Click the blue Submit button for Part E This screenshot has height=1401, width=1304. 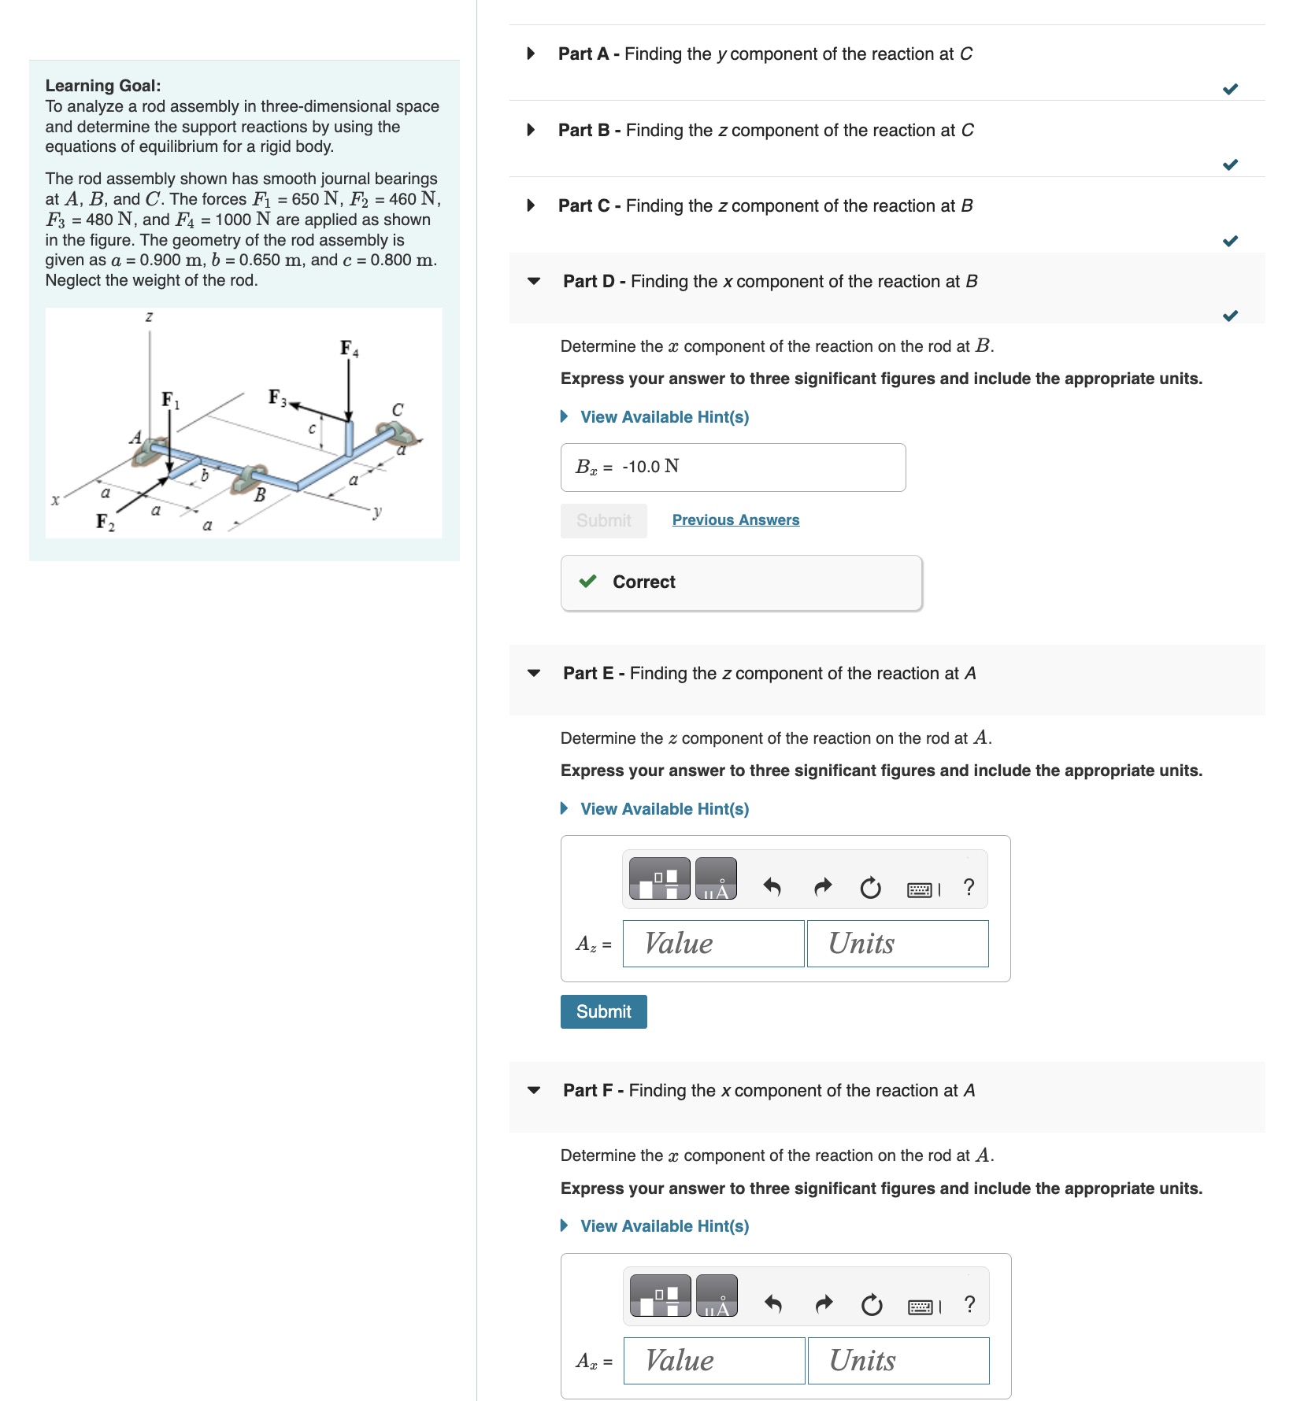tap(603, 1011)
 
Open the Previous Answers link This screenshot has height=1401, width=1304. tap(735, 519)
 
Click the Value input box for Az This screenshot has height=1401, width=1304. tap(713, 943)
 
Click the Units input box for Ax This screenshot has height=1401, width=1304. tap(898, 1360)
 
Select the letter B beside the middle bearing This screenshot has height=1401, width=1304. tap(260, 495)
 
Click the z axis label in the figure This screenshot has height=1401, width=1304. tap(149, 316)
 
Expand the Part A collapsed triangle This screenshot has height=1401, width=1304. tap(532, 54)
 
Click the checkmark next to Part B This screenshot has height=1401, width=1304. tap(1230, 164)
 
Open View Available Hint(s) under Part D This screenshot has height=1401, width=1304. tap(664, 417)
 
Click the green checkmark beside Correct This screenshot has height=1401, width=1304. tap(587, 582)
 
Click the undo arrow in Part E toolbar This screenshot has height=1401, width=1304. tap(772, 888)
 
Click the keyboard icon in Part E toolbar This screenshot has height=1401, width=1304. tap(919, 889)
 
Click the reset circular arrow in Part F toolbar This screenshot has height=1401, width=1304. tap(871, 1306)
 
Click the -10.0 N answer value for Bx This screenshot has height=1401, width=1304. tap(650, 467)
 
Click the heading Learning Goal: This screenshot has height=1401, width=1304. tap(103, 86)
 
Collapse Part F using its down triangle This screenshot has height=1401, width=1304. tap(534, 1090)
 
